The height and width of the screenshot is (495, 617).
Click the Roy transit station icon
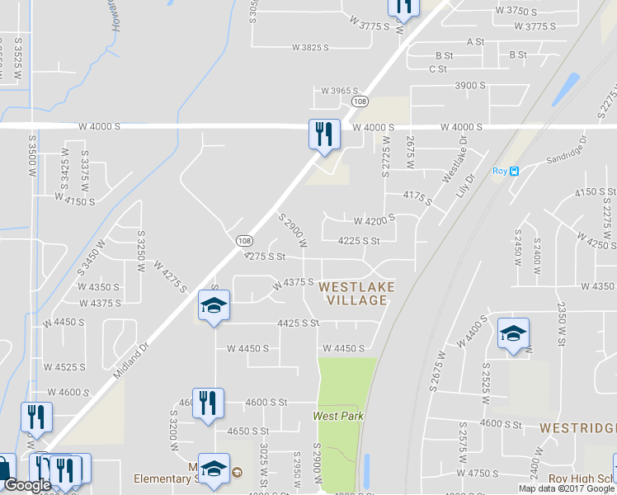click(x=513, y=172)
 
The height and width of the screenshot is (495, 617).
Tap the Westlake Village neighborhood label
click(x=356, y=293)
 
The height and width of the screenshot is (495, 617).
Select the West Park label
click(x=338, y=416)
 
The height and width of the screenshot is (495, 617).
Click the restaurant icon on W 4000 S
click(x=323, y=133)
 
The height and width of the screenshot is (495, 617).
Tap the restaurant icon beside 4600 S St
click(x=207, y=403)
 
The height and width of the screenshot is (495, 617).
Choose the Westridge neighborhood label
click(x=577, y=429)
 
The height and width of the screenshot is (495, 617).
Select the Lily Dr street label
click(x=468, y=183)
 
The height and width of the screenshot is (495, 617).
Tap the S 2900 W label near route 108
click(x=293, y=230)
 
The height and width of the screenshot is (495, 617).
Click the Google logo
click(x=27, y=485)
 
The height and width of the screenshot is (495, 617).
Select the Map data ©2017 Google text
click(x=567, y=488)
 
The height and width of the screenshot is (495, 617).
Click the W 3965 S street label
click(x=341, y=90)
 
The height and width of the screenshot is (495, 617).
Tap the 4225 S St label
click(x=359, y=241)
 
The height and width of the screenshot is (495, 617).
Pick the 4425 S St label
click(x=298, y=323)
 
